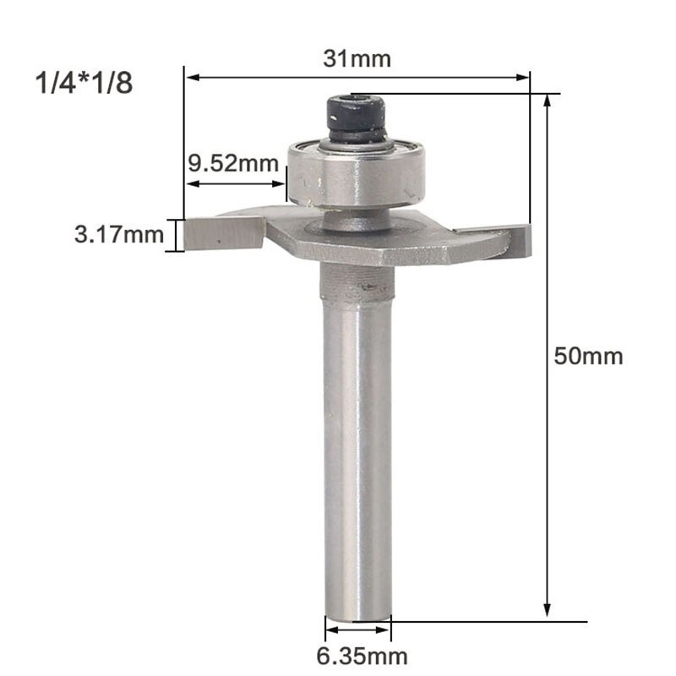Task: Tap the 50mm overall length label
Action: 588,356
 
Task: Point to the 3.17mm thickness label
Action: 118,235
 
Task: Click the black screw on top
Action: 356,118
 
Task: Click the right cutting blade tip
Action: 517,240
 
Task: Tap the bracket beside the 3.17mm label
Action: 177,235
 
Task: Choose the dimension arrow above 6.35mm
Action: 358,630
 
